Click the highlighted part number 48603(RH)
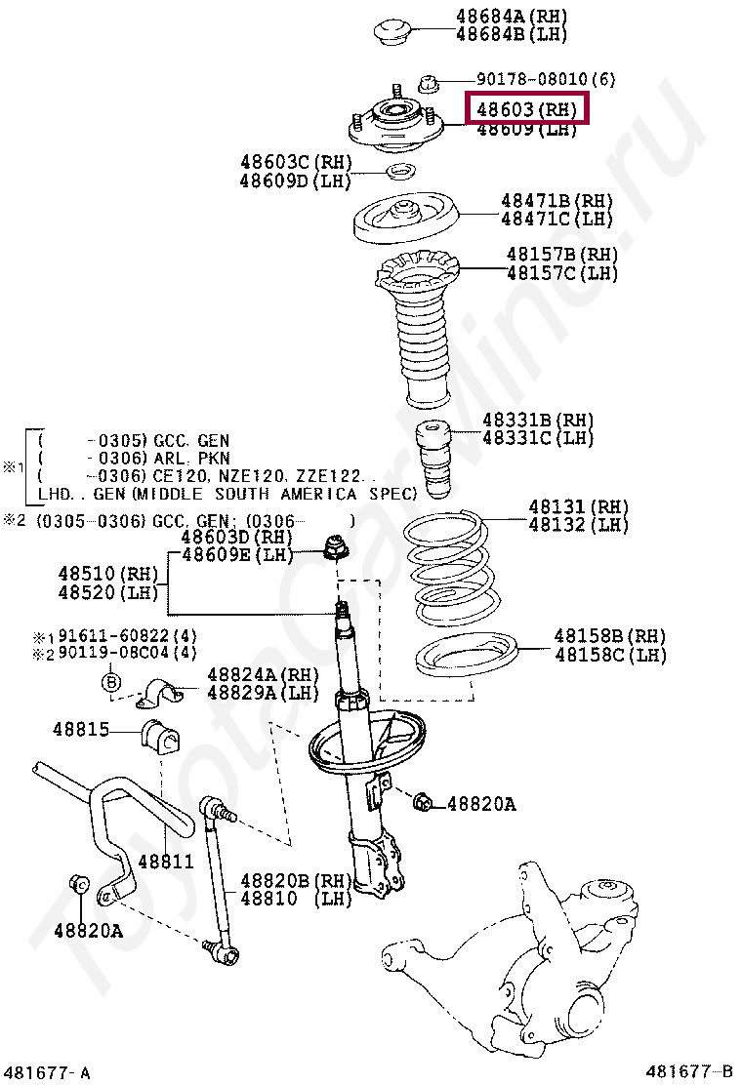[x=527, y=109]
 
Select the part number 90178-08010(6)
[x=545, y=78]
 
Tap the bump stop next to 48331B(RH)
[x=433, y=459]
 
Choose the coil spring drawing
[x=453, y=571]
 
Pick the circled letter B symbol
[x=110, y=681]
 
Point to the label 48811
[x=165, y=862]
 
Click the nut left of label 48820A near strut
[x=423, y=802]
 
